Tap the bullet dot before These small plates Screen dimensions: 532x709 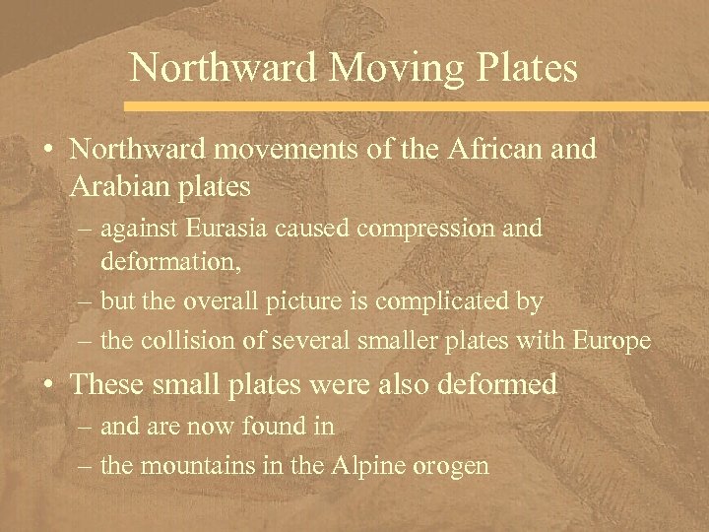(x=47, y=385)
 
